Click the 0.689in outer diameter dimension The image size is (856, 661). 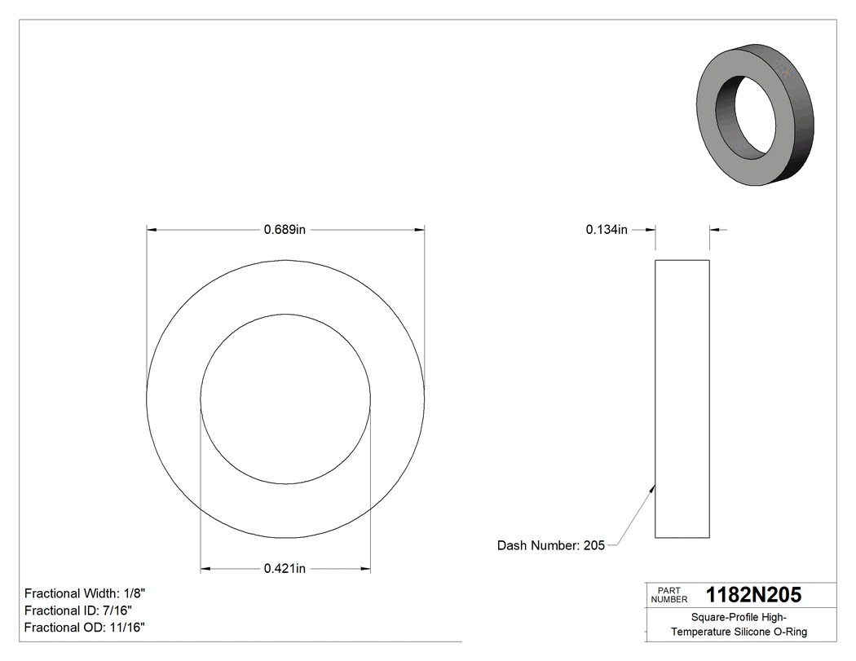click(285, 230)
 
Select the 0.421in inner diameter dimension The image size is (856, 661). click(285, 568)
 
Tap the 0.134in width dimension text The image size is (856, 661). click(607, 230)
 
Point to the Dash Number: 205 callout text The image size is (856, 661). click(551, 545)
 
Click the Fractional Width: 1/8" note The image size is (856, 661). click(85, 593)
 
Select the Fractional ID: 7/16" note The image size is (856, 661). click(78, 610)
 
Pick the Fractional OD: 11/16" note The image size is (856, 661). click(85, 628)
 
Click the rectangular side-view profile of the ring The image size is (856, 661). click(682, 399)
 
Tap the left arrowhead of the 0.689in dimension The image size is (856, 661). click(152, 230)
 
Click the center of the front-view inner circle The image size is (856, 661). click(285, 399)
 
